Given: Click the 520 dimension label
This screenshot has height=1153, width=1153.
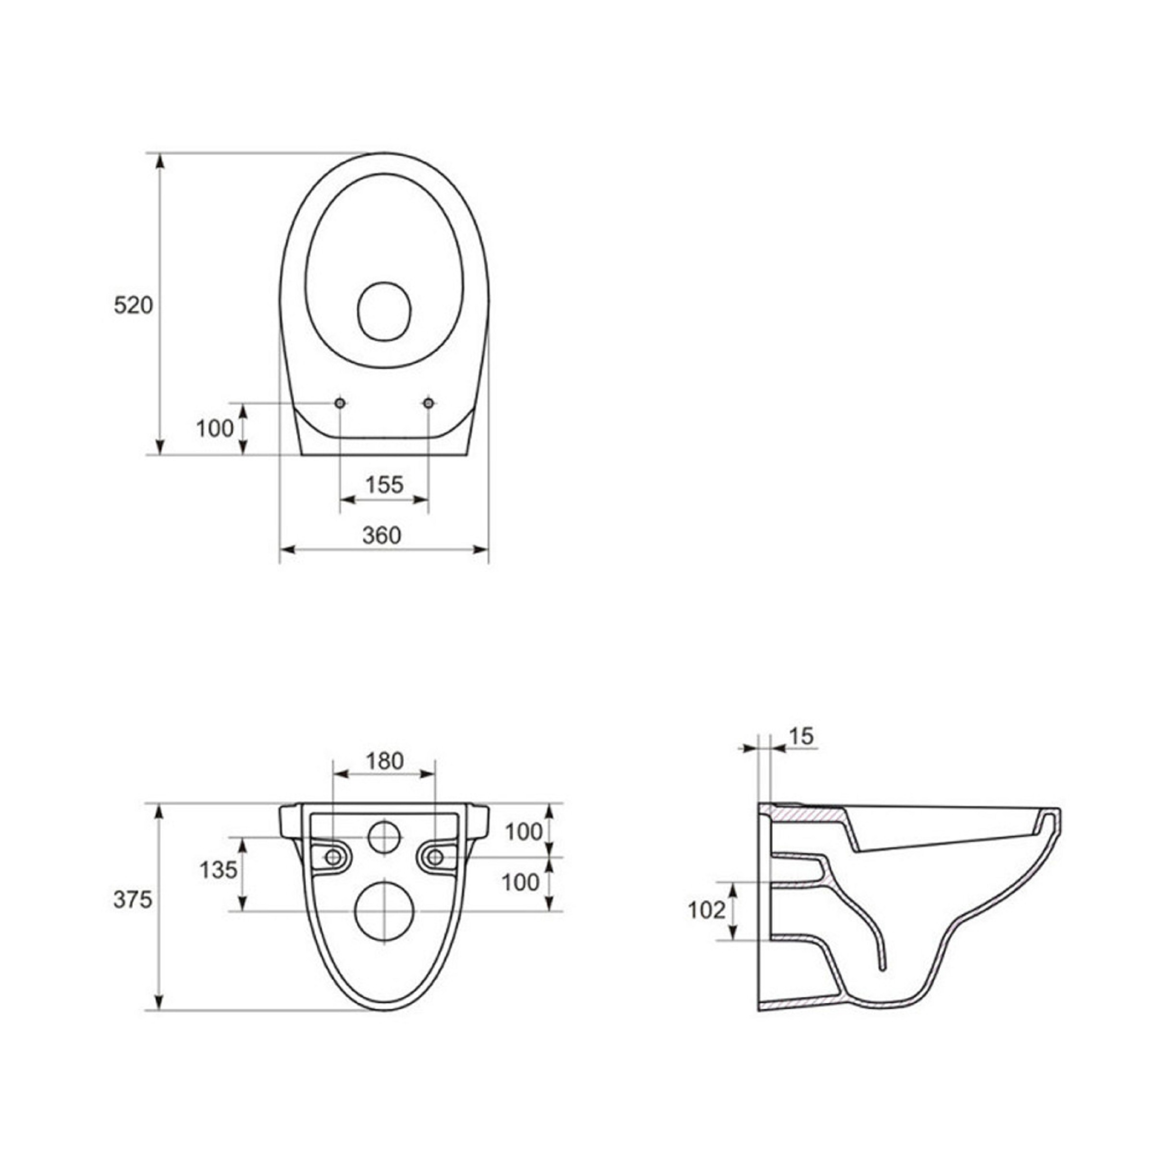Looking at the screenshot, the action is point(133,305).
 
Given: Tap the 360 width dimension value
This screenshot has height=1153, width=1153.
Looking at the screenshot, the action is point(382,535).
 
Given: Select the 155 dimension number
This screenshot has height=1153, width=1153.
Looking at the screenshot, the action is point(384,485).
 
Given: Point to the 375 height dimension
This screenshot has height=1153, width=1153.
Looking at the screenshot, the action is point(133,899).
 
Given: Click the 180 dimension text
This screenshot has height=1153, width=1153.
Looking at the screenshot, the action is point(385,761).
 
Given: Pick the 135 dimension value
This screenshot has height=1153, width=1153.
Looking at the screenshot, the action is point(219,870).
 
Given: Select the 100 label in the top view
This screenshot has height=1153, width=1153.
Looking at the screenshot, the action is point(215,428).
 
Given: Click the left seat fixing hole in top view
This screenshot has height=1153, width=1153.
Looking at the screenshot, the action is point(340,403).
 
